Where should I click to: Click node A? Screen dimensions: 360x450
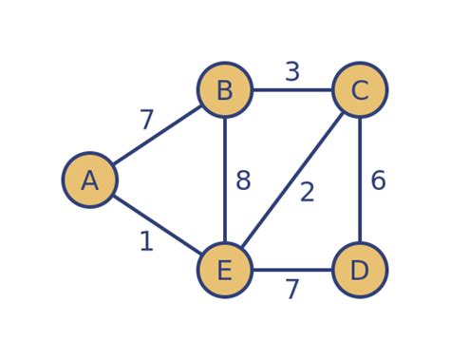click(x=90, y=180)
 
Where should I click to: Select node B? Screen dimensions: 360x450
click(x=225, y=90)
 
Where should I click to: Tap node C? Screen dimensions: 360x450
click(x=360, y=90)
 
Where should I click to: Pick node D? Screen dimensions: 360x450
click(x=360, y=271)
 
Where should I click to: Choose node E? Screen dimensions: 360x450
click(x=225, y=271)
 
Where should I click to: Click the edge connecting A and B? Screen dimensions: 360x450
click(x=158, y=135)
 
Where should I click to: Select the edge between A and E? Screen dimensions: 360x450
click(x=158, y=226)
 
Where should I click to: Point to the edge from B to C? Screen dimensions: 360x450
click(x=292, y=90)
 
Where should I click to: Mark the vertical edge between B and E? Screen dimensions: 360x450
click(x=225, y=180)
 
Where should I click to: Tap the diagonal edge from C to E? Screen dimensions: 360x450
click(x=292, y=180)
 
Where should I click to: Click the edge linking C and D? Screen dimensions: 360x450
click(x=360, y=180)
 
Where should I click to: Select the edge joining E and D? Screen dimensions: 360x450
click(x=292, y=271)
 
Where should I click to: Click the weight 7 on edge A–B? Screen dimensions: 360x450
click(x=146, y=121)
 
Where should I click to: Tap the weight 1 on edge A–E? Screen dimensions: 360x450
click(x=146, y=242)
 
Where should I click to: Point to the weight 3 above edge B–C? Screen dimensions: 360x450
click(x=292, y=72)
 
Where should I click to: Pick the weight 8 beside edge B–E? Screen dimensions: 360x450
click(x=243, y=181)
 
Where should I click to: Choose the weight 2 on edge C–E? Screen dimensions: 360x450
click(x=307, y=193)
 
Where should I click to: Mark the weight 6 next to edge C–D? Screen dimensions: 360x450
click(x=378, y=181)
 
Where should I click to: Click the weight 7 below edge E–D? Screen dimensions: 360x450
click(x=292, y=290)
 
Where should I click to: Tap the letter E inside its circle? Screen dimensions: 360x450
click(x=225, y=271)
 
